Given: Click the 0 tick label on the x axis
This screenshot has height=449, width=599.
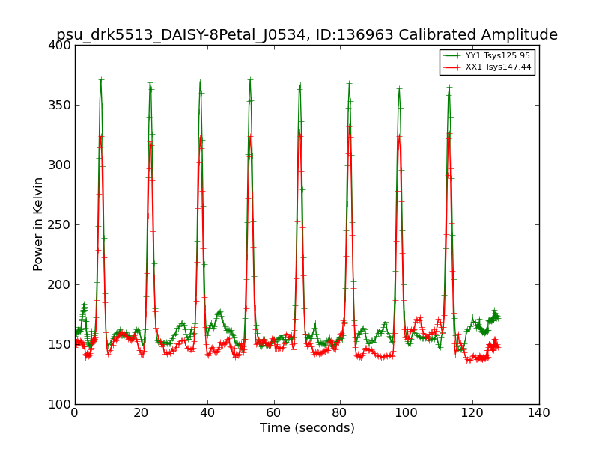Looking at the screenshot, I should (75, 413).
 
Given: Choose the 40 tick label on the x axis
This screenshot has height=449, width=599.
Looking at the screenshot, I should (207, 413).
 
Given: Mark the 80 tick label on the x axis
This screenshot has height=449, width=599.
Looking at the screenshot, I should (340, 413).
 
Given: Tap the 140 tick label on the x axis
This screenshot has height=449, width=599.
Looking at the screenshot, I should (539, 413).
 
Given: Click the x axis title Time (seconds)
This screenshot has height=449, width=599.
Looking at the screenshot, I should (307, 428).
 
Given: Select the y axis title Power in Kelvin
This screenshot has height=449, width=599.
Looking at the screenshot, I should (38, 224).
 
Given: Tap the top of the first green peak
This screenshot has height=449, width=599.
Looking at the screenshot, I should (100, 79).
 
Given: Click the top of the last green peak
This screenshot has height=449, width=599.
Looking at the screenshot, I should (449, 88).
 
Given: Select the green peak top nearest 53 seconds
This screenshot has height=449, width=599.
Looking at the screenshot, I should (250, 79).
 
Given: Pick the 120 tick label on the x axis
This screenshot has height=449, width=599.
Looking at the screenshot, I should (472, 413).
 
